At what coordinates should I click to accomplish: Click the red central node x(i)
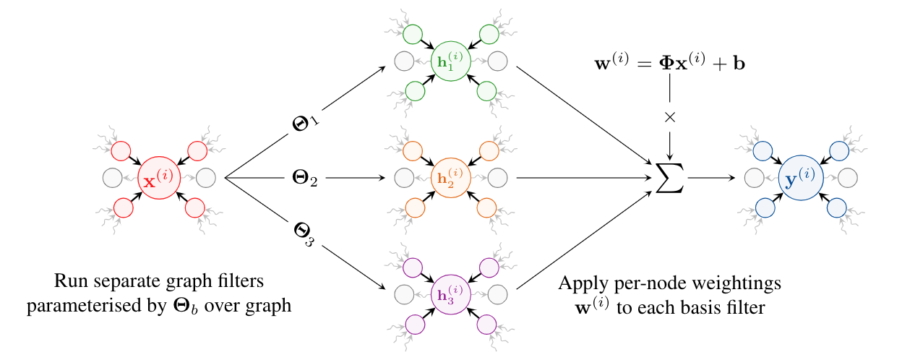tap(158, 177)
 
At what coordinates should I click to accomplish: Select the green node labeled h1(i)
tap(450, 61)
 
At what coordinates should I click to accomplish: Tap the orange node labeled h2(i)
tap(450, 177)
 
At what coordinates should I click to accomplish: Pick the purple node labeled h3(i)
tap(450, 293)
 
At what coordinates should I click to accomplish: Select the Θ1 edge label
tap(304, 124)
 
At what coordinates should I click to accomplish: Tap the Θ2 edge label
tap(304, 177)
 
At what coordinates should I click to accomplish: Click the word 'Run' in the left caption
tap(69, 282)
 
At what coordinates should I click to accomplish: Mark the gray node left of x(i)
tap(112, 177)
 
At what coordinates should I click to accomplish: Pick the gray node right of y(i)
tap(847, 177)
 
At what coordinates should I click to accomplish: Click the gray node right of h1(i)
tap(497, 61)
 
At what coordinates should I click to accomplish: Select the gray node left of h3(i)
tap(404, 293)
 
